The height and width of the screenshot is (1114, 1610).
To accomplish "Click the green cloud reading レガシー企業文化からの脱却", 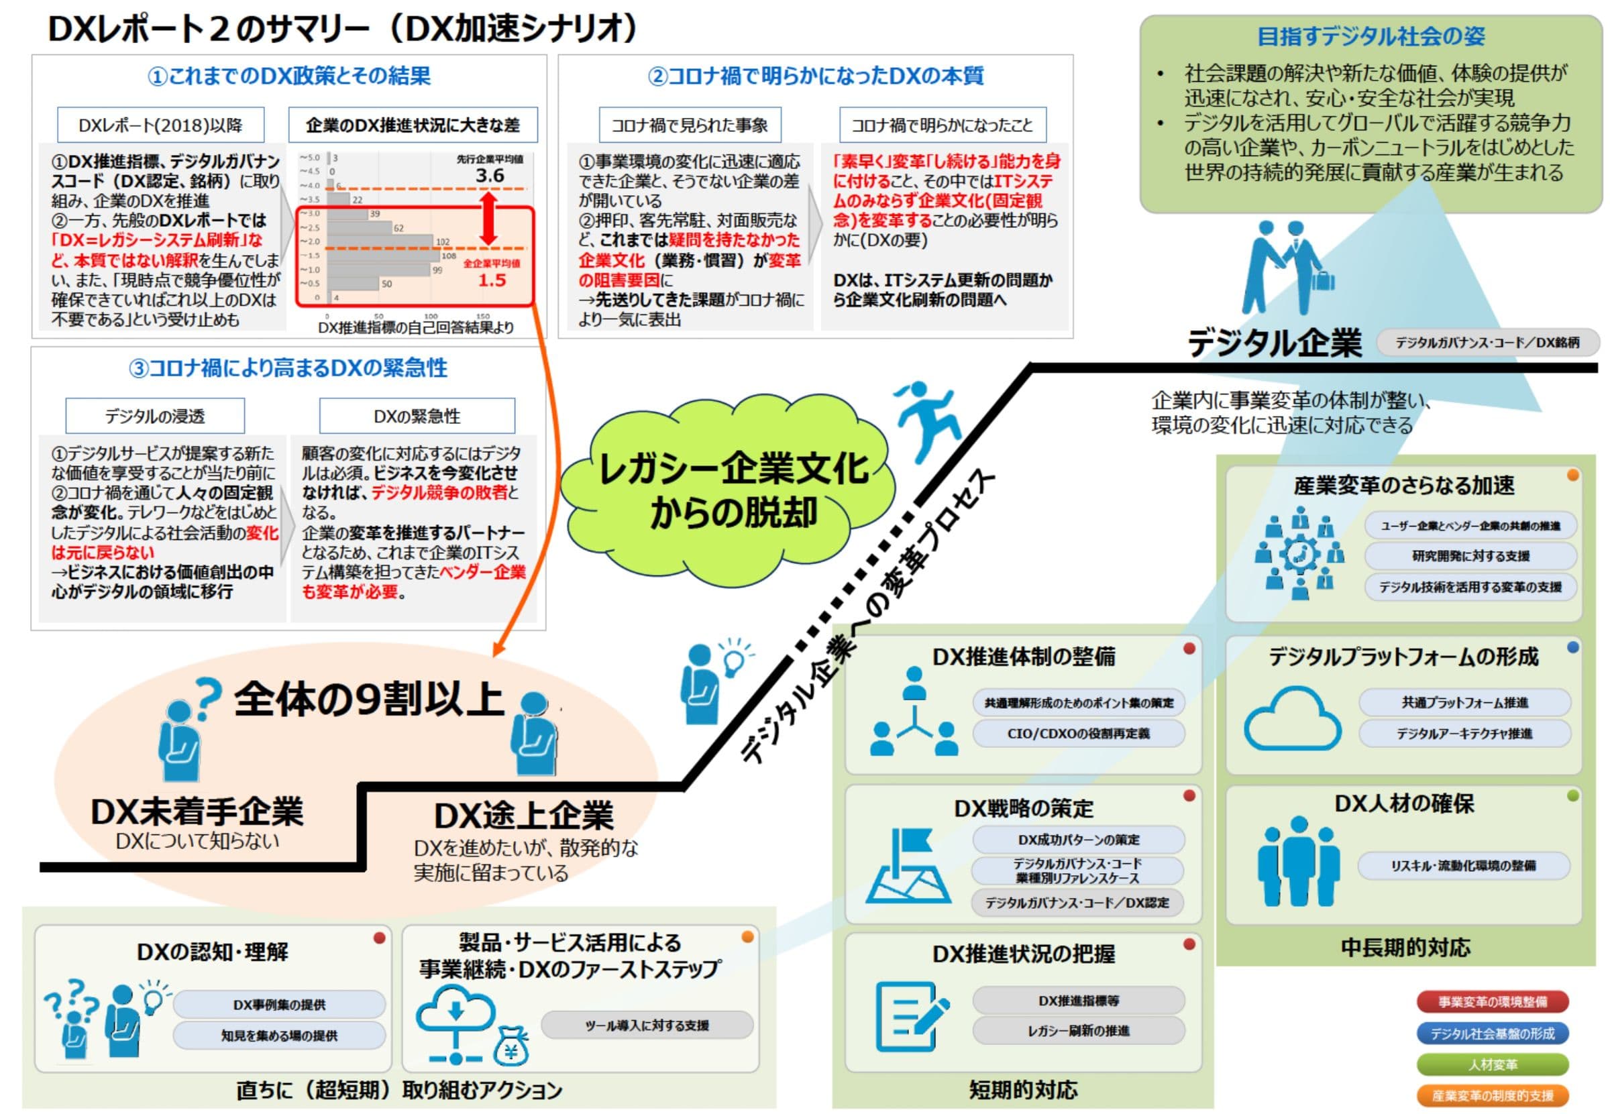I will (x=730, y=489).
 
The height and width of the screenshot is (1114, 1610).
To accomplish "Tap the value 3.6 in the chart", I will (x=490, y=176).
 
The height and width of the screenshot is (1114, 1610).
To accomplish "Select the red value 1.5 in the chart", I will (x=492, y=280).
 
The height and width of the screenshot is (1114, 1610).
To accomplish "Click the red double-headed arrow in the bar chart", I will (x=489, y=218).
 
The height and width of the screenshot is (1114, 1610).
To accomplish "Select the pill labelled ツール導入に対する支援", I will (x=647, y=1025).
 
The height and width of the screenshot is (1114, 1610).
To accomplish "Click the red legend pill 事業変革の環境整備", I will (x=1492, y=1001).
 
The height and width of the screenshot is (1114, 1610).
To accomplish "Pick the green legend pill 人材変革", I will (x=1492, y=1064).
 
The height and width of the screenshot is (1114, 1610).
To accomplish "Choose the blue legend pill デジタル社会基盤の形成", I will (x=1492, y=1033).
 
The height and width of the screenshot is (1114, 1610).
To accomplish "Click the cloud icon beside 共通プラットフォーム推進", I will (x=1291, y=719).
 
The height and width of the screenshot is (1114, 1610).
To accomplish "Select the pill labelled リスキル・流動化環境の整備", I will (x=1462, y=866).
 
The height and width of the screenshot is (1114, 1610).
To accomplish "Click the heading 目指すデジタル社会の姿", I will (x=1370, y=36).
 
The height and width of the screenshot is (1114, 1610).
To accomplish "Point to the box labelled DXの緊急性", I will (x=417, y=416).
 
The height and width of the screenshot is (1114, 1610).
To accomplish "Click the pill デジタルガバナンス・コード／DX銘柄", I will (x=1487, y=342).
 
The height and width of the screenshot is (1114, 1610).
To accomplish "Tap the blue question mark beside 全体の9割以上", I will (x=207, y=699).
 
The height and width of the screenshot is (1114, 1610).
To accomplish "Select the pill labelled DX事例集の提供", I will (x=278, y=1004).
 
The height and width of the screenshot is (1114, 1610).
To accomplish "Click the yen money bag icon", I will (x=511, y=1046).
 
